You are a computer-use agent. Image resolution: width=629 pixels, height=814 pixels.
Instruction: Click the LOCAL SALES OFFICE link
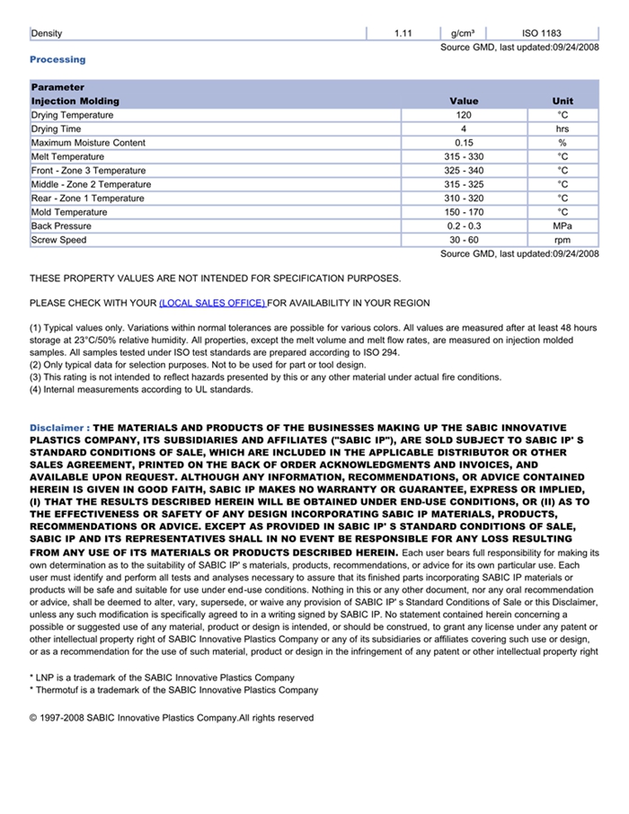pyautogui.click(x=212, y=303)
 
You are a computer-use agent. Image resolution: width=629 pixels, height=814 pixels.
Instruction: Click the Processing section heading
pyautogui.click(x=58, y=59)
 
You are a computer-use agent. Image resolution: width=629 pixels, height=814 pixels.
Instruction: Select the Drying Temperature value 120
pyautogui.click(x=464, y=115)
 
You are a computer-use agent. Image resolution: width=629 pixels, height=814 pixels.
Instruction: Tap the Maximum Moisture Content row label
pyautogui.click(x=88, y=143)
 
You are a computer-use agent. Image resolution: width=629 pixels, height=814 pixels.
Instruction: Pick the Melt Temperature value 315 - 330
pyautogui.click(x=464, y=157)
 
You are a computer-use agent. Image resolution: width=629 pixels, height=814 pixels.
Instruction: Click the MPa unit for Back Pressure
pyautogui.click(x=563, y=226)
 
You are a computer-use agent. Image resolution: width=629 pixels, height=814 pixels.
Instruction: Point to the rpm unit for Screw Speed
pyautogui.click(x=563, y=240)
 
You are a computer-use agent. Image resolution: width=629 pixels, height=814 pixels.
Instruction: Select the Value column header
pyautogui.click(x=464, y=102)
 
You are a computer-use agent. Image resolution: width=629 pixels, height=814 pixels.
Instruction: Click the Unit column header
pyautogui.click(x=563, y=102)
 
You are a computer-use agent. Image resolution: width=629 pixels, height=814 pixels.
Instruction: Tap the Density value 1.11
pyautogui.click(x=403, y=33)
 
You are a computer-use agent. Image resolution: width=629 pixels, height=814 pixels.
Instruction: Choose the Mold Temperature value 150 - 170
pyautogui.click(x=464, y=212)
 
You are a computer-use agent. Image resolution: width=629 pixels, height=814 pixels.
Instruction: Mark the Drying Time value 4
pyautogui.click(x=464, y=129)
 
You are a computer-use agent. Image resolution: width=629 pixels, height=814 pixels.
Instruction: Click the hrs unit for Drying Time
pyautogui.click(x=563, y=129)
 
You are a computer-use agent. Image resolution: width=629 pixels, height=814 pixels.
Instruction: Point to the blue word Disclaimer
pyautogui.click(x=58, y=428)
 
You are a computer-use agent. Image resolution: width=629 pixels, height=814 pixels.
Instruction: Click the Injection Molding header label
pyautogui.click(x=75, y=102)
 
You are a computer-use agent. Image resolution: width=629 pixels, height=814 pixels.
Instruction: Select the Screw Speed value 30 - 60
pyautogui.click(x=464, y=240)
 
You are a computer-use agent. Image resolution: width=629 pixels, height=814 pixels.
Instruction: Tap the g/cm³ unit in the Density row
pyautogui.click(x=463, y=33)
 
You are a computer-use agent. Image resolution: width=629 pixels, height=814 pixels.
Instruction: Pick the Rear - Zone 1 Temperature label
pyautogui.click(x=87, y=199)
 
